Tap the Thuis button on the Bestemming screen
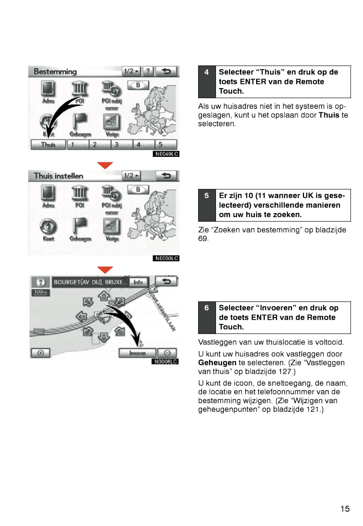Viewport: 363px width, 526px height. tap(48, 145)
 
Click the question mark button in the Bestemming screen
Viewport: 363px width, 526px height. tap(148, 71)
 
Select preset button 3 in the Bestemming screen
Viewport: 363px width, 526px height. tap(117, 145)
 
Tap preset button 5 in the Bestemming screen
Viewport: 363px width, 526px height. tap(161, 145)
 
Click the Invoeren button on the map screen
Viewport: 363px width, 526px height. tap(137, 353)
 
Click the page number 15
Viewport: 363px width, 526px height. tap(345, 509)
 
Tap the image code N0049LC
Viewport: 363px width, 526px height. tap(166, 154)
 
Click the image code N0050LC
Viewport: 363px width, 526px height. tap(166, 258)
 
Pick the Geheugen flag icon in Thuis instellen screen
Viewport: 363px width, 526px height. tap(80, 226)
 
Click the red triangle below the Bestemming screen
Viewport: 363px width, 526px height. tap(105, 165)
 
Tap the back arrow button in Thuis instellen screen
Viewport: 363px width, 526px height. tap(166, 176)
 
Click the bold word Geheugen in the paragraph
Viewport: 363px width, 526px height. tap(217, 363)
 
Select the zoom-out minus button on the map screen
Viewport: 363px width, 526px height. tap(168, 353)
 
